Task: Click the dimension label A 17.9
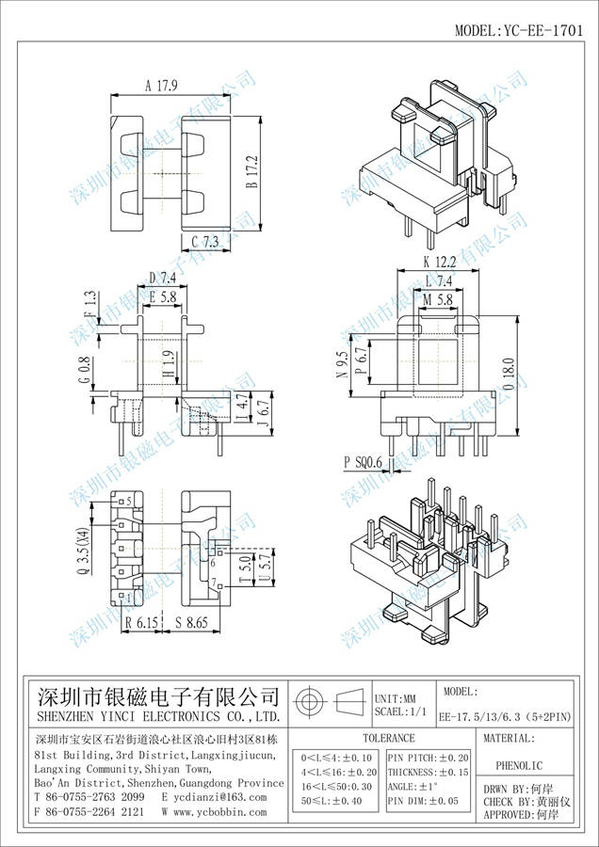(x=162, y=86)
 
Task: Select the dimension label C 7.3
(x=204, y=243)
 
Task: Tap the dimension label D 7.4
(x=163, y=278)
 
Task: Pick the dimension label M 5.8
(x=440, y=298)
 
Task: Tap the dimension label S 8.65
(x=192, y=623)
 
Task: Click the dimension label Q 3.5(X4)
(x=84, y=551)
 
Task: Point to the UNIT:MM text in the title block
(x=396, y=699)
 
